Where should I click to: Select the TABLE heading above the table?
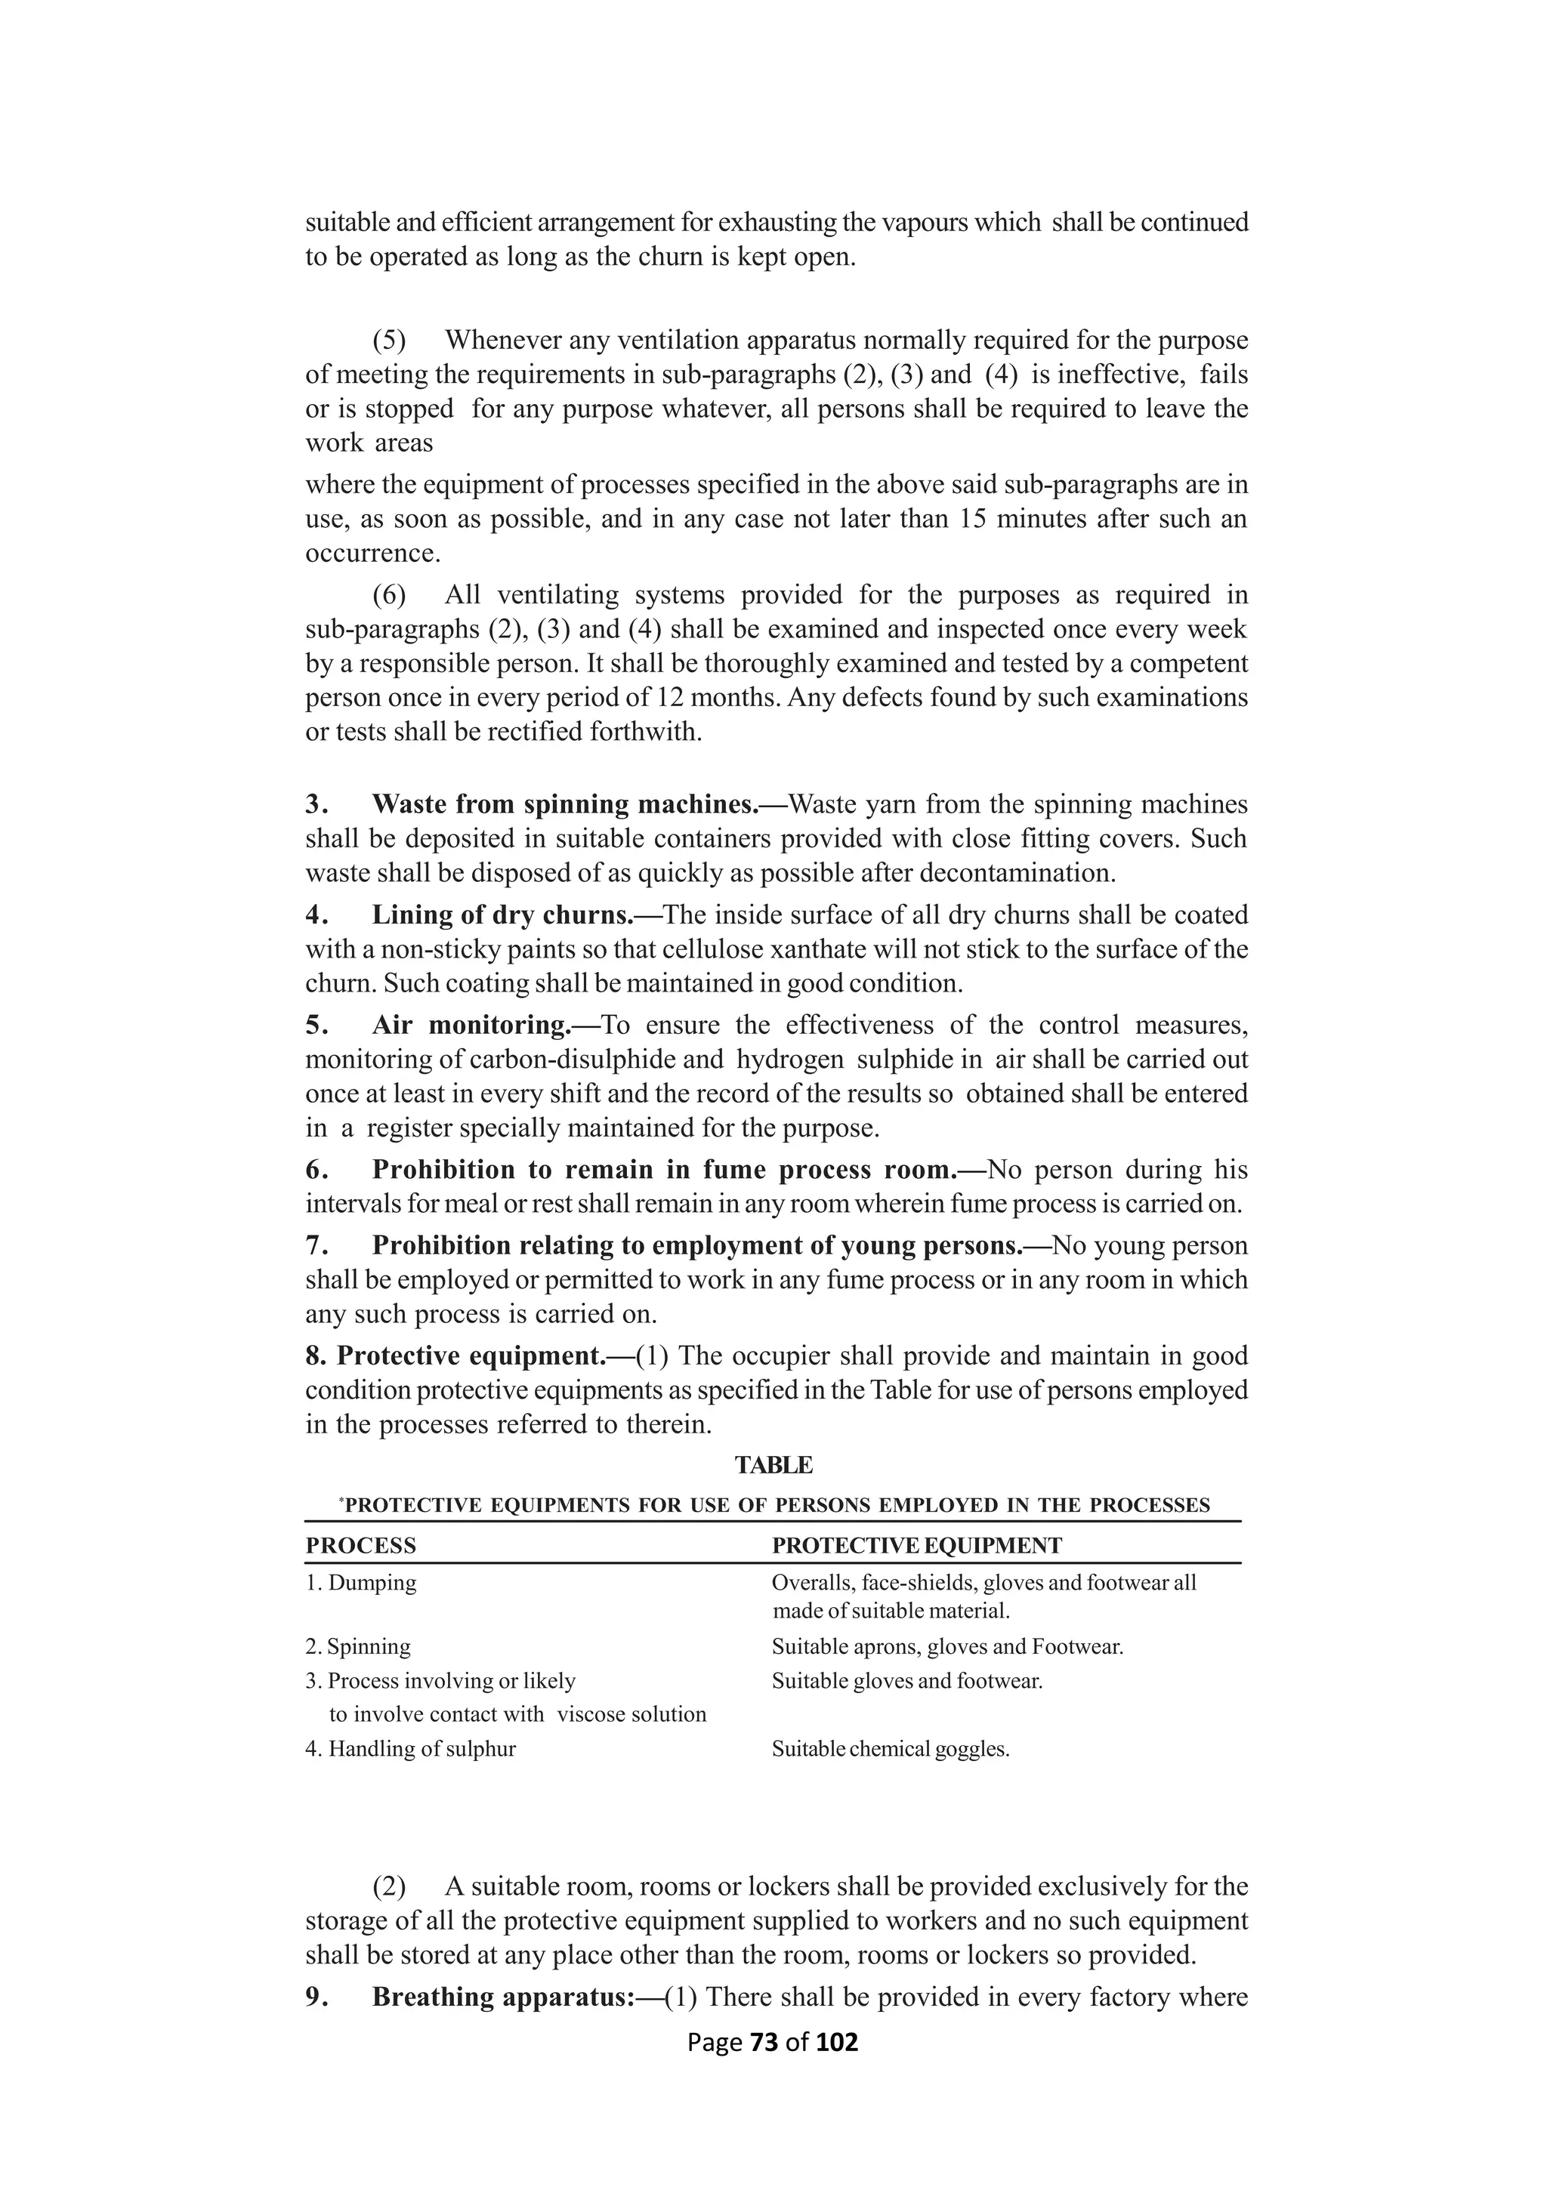tap(773, 1465)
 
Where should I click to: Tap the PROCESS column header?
tap(360, 1546)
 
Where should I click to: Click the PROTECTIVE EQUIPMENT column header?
tap(916, 1546)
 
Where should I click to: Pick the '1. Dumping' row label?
tap(361, 1583)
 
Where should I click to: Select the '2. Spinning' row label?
tap(358, 1647)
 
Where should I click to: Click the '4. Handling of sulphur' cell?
tap(411, 1749)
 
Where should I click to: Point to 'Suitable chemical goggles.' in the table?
tap(890, 1750)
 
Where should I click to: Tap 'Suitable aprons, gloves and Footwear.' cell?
tap(947, 1647)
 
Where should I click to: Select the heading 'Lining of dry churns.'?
tap(502, 915)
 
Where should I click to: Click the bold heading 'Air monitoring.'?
tap(471, 1026)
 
